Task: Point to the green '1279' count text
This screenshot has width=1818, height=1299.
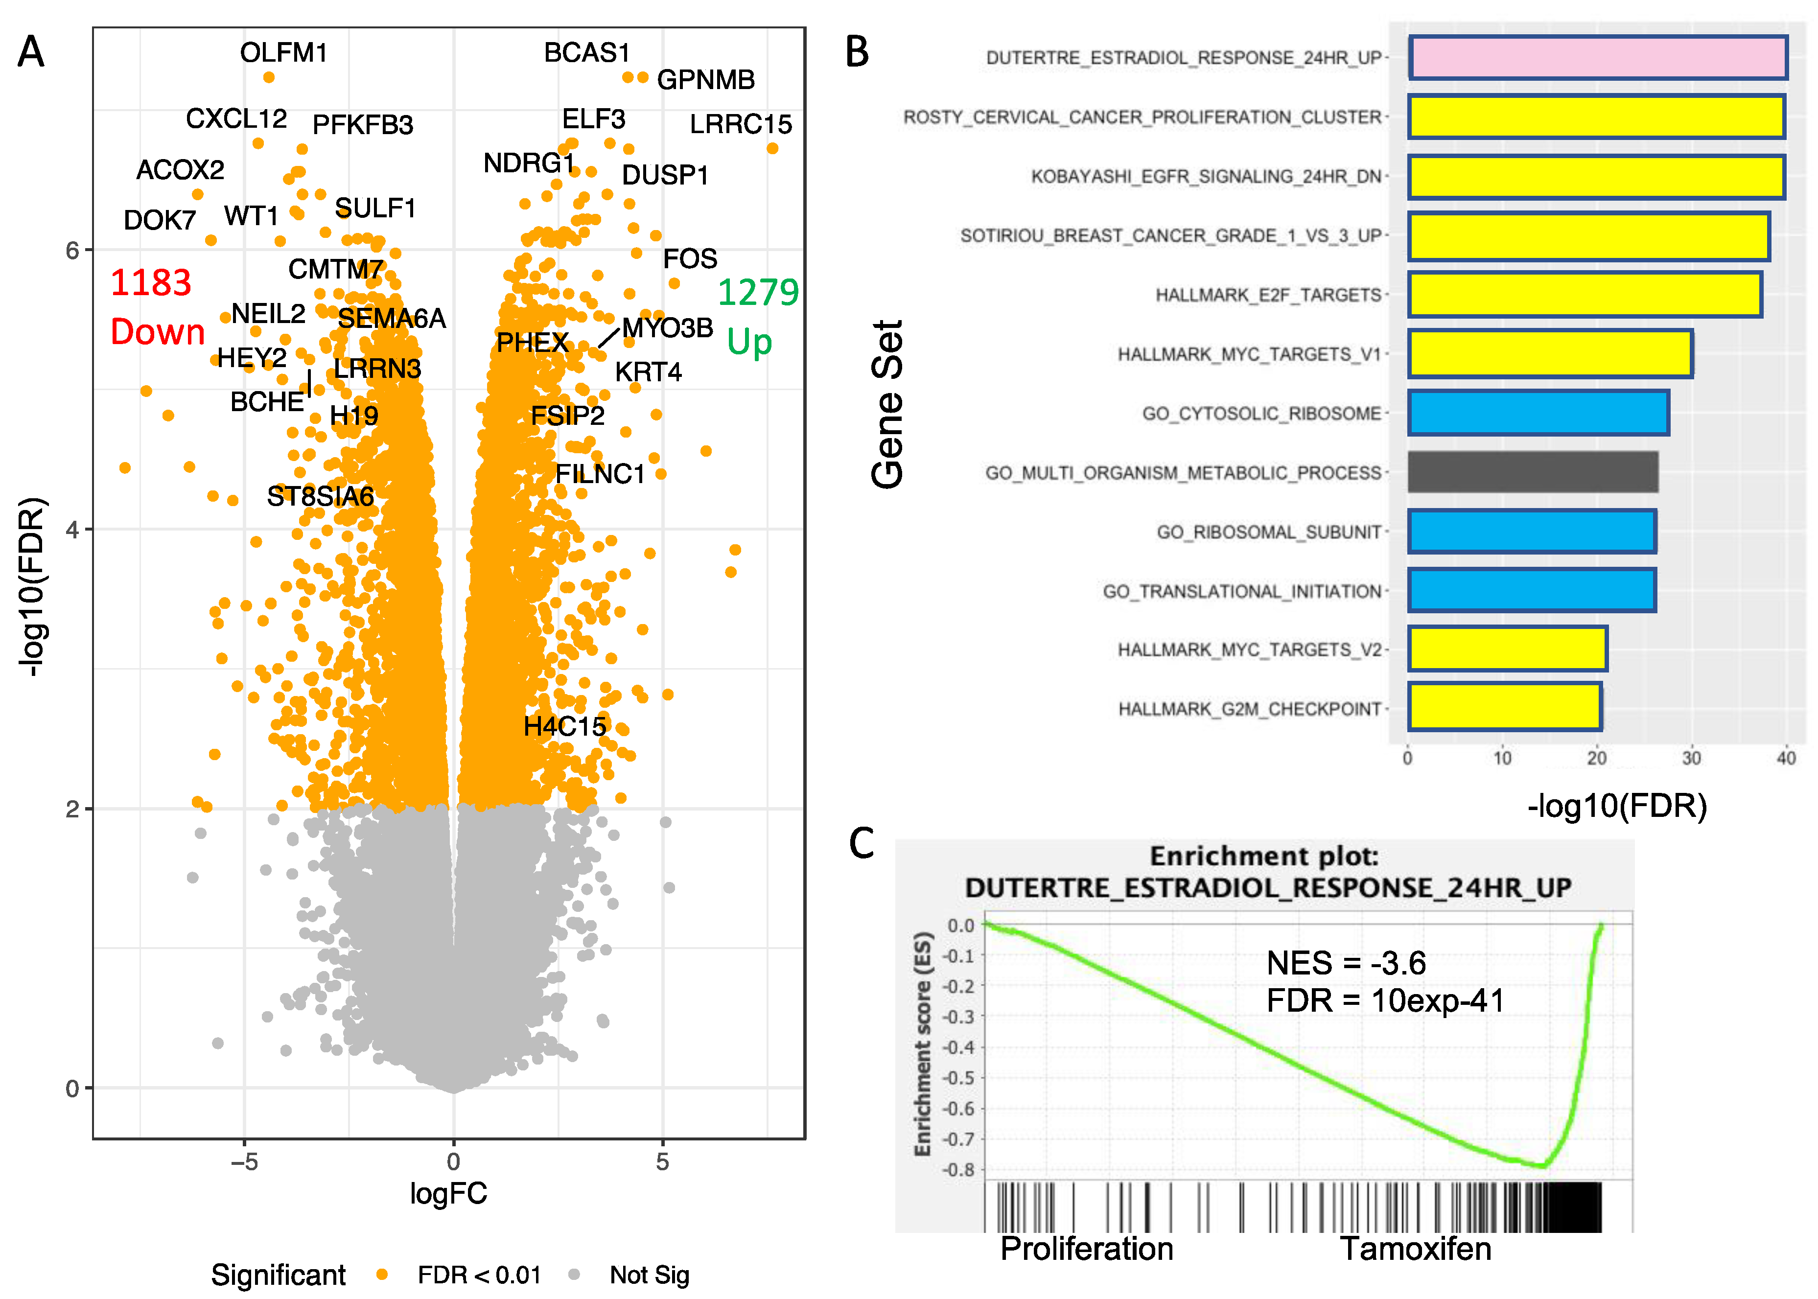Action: click(757, 292)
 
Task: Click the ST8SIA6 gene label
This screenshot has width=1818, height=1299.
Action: click(320, 497)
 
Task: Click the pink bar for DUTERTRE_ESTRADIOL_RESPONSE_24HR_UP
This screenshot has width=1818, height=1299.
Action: click(1597, 58)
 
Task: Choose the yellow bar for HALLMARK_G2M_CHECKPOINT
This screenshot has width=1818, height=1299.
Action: click(1504, 707)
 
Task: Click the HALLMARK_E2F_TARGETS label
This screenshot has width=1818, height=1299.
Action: click(1268, 295)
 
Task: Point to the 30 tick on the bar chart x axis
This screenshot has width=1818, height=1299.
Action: click(1691, 758)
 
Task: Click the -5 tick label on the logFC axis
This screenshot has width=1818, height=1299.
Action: click(244, 1161)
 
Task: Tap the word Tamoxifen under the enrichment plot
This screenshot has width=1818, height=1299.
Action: click(1415, 1249)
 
